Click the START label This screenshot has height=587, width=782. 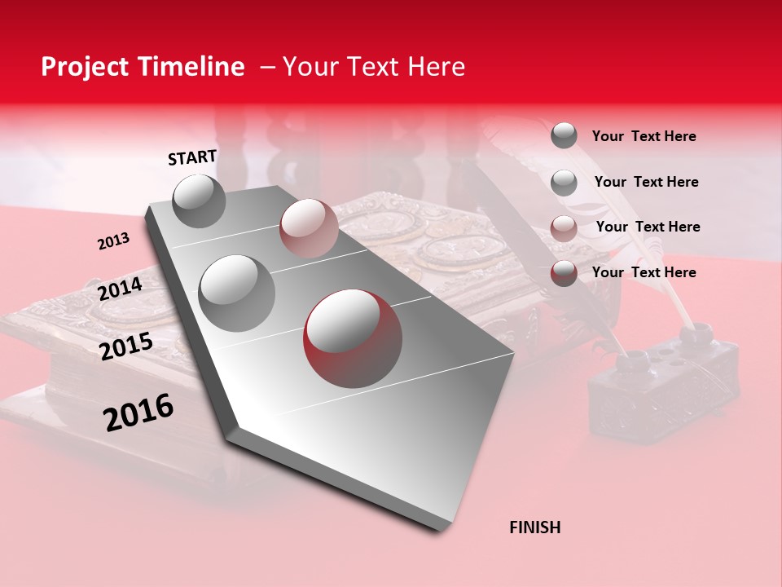192,157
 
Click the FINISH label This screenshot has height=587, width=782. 534,527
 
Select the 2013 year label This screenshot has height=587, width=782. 113,241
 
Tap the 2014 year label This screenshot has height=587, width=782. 120,289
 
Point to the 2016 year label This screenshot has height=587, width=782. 138,412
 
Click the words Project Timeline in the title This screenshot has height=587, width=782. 143,67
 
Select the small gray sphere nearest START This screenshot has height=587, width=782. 199,201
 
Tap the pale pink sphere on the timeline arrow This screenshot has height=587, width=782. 309,227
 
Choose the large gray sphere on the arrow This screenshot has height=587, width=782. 236,293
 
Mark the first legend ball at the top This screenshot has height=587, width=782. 564,135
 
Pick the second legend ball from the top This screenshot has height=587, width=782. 564,183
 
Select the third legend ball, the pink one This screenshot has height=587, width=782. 564,228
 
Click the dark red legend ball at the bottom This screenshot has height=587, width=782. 564,273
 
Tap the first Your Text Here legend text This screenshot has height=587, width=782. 644,136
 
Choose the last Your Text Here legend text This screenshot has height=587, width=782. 644,272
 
